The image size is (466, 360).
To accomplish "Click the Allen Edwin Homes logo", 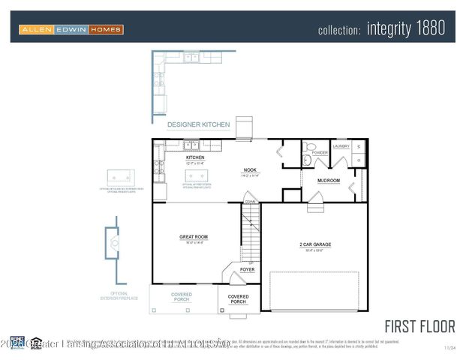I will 71,29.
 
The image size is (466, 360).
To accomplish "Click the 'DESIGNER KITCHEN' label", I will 198,124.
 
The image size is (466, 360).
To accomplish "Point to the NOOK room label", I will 250,170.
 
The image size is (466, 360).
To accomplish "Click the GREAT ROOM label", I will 193,237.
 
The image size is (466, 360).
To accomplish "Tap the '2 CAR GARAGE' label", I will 315,244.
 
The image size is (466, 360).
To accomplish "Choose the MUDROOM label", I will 329,181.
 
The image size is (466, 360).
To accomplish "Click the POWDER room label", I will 320,152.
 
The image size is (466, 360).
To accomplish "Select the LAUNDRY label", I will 341,145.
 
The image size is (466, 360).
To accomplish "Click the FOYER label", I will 247,268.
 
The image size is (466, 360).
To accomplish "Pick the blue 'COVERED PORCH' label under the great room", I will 182,297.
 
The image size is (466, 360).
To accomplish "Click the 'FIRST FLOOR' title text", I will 419,326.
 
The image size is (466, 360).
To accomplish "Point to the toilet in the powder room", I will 308,147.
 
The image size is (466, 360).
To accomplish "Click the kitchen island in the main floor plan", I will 197,176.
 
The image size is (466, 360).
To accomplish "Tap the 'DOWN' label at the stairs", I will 251,202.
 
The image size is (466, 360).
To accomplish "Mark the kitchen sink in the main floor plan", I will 191,145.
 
